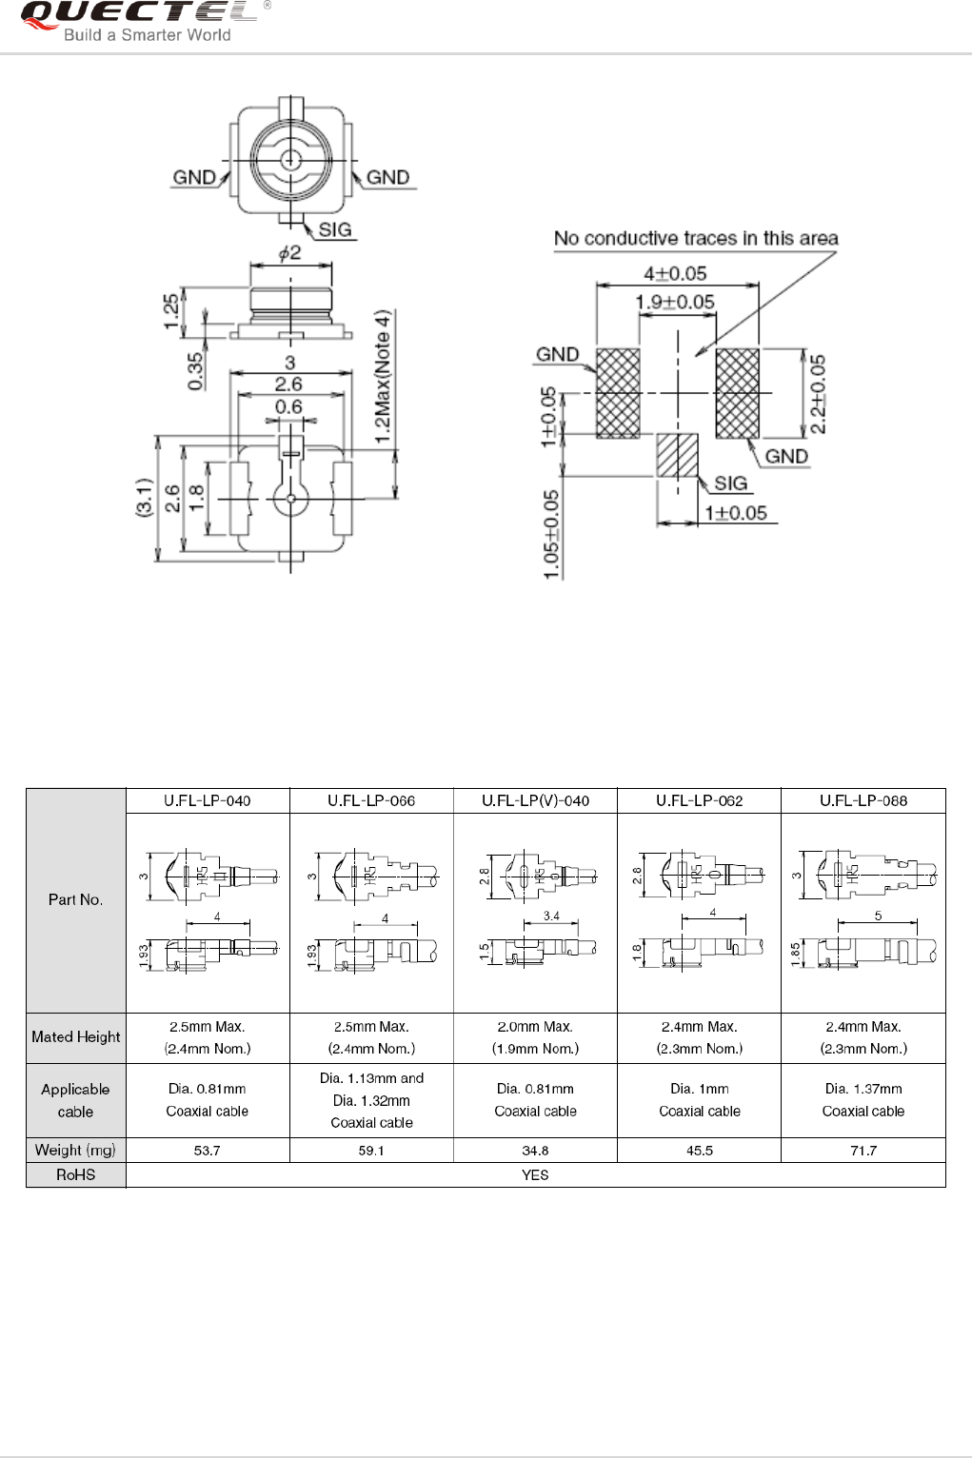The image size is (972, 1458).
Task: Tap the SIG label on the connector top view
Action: (334, 229)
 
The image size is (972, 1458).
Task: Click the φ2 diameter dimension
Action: (289, 252)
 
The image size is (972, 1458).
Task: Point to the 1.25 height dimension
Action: (171, 311)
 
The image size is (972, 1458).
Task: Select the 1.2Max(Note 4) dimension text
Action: (382, 375)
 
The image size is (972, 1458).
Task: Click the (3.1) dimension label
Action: (143, 498)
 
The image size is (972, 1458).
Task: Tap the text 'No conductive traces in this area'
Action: (696, 238)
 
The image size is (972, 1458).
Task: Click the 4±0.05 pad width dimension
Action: (675, 273)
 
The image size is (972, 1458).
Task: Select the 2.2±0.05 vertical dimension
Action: (818, 394)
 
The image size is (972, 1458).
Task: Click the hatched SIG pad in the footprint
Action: (677, 456)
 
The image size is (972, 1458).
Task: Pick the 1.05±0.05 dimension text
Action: (551, 534)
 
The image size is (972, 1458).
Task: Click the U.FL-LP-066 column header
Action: (371, 800)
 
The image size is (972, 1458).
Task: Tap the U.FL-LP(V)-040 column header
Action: (535, 800)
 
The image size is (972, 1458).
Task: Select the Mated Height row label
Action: (76, 1037)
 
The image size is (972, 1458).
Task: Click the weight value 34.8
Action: (535, 1151)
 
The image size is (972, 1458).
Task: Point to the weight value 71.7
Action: (863, 1151)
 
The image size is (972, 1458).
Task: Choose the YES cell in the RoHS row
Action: (535, 1175)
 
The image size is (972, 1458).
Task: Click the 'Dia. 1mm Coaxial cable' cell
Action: (699, 1100)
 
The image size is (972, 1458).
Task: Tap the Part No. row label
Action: (76, 899)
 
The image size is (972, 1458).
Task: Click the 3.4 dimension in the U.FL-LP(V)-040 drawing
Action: (551, 916)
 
